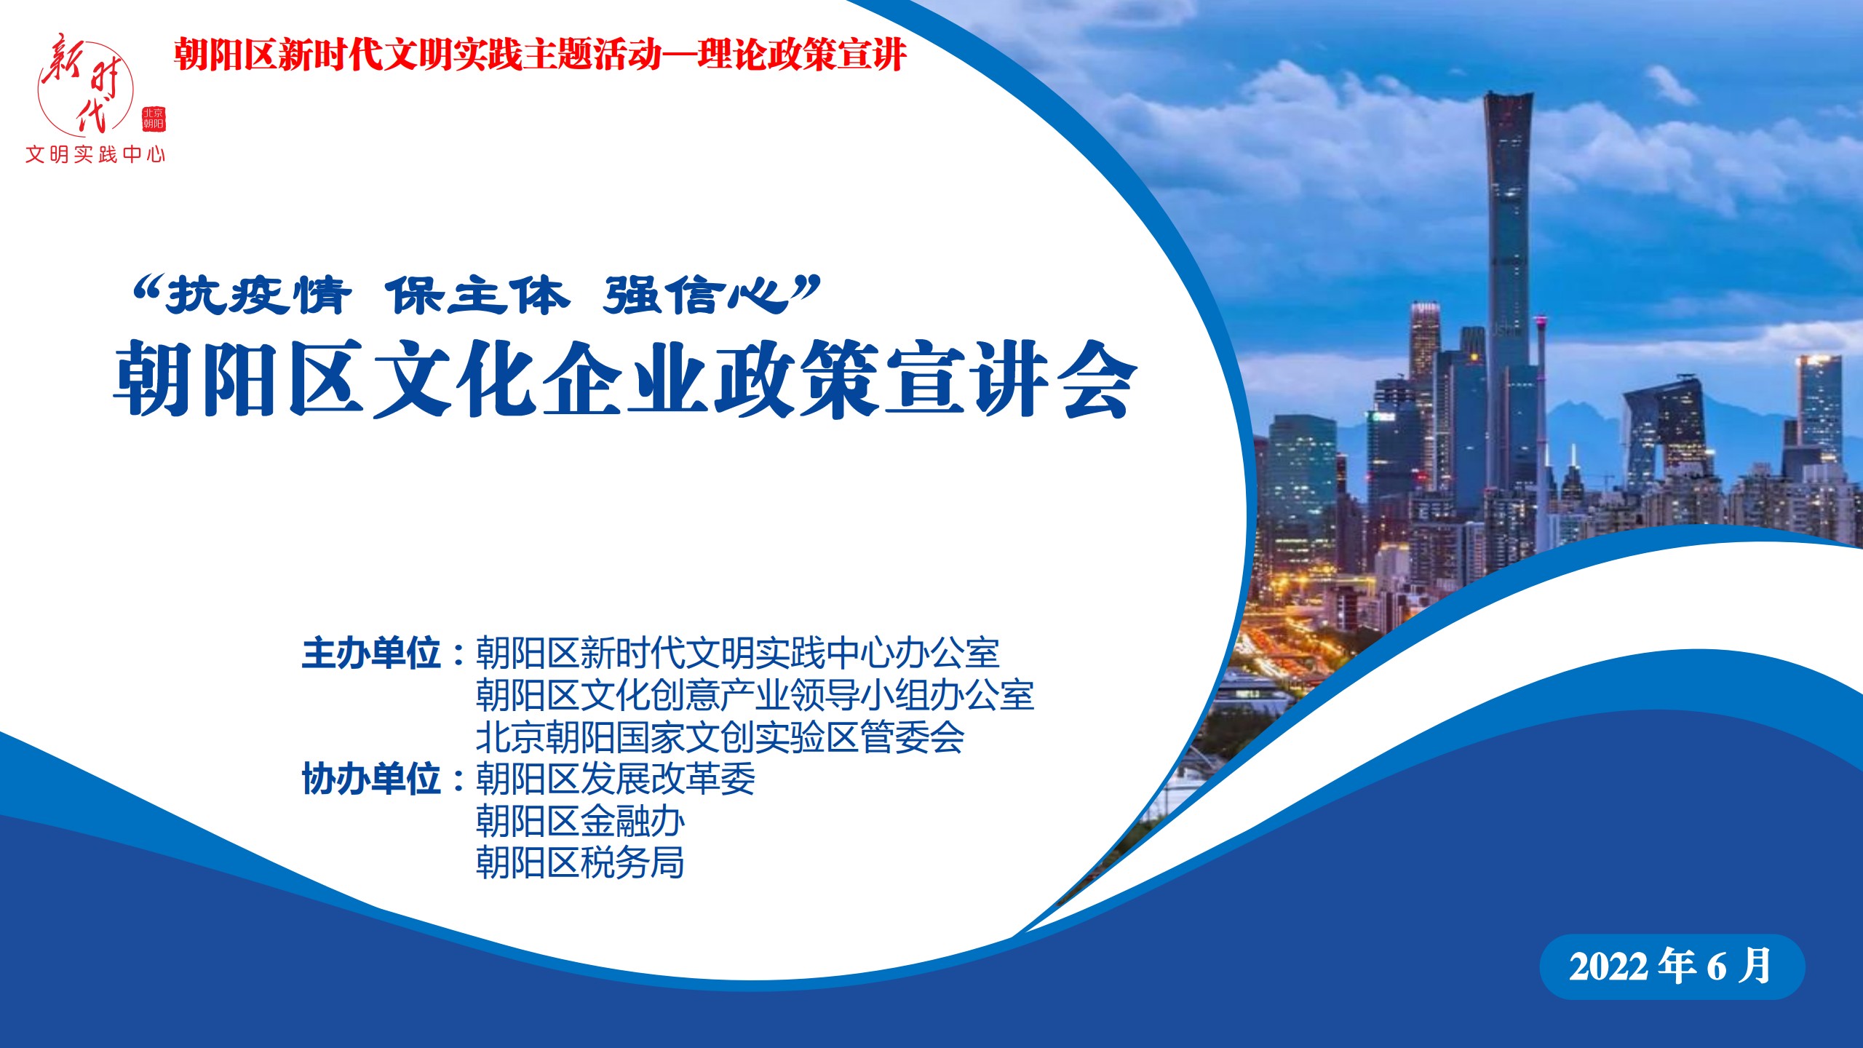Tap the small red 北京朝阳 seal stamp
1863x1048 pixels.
(154, 119)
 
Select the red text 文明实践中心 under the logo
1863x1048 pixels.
(95, 154)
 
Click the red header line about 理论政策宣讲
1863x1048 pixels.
(540, 55)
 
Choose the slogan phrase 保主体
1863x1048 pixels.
(477, 296)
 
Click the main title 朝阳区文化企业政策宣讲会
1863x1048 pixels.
(625, 379)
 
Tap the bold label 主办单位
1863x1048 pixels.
(371, 653)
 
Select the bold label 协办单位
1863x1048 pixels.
(371, 779)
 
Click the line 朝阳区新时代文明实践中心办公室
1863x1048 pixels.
(737, 653)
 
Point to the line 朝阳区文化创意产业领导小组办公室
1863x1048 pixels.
(755, 695)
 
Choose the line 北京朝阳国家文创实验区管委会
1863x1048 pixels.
(720, 737)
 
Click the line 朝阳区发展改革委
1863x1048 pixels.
(615, 779)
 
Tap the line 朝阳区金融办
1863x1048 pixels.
(580, 821)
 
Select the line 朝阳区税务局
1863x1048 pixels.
(580, 863)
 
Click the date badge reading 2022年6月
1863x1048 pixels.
(1672, 966)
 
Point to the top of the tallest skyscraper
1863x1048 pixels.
(1509, 95)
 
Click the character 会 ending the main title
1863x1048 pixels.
(1097, 379)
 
